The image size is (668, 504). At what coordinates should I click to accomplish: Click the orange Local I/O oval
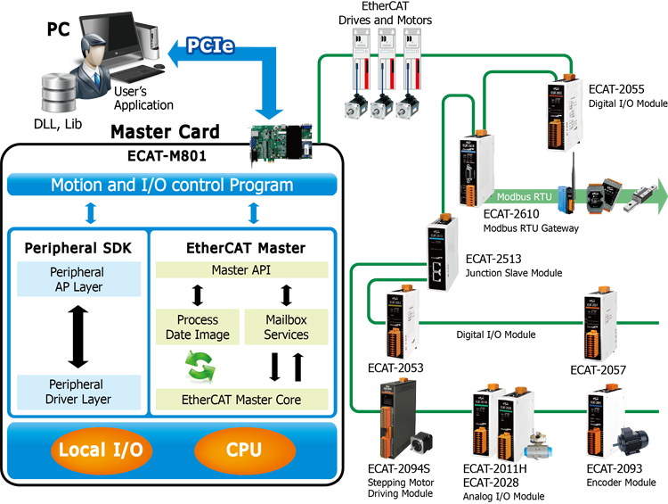pyautogui.click(x=101, y=449)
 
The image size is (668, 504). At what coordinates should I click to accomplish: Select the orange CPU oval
pyautogui.click(x=243, y=449)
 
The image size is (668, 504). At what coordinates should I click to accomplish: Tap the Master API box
pyautogui.click(x=241, y=269)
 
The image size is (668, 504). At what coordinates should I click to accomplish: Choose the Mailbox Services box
pyautogui.click(x=286, y=327)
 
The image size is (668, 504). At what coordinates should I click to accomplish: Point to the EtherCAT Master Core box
pyautogui.click(x=241, y=399)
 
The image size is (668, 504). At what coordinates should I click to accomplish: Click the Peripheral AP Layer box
pyautogui.click(x=78, y=279)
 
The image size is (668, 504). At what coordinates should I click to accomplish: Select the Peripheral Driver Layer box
pyautogui.click(x=78, y=392)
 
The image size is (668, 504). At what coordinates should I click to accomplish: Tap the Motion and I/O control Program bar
pyautogui.click(x=172, y=186)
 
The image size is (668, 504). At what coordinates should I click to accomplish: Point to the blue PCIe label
pyautogui.click(x=210, y=45)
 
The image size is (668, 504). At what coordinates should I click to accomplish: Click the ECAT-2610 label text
pyautogui.click(x=510, y=215)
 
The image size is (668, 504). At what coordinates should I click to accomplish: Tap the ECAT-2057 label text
pyautogui.click(x=599, y=368)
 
